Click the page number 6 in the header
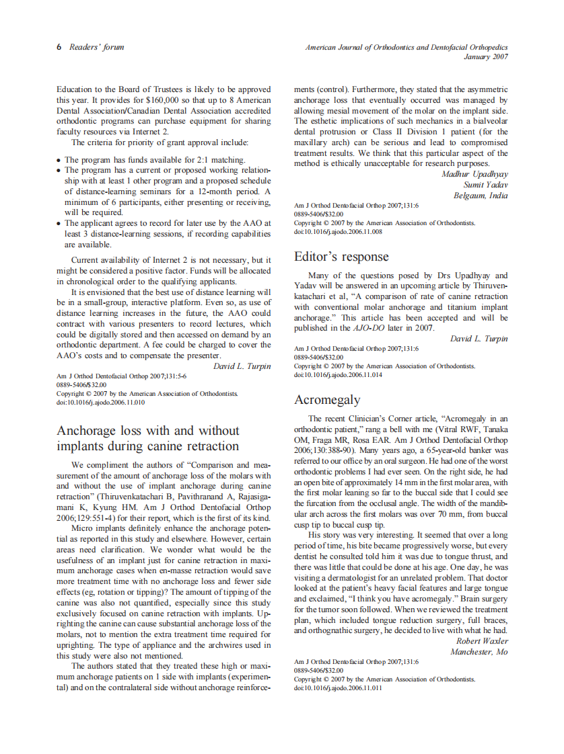tap(59, 48)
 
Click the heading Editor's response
tap(341, 257)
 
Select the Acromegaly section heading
tap(327, 400)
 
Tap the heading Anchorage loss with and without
tap(147, 430)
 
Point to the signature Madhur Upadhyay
tap(474, 174)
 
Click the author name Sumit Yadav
tap(485, 185)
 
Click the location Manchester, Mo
tap(479, 652)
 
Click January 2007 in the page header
tap(486, 57)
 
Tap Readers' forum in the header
tap(97, 48)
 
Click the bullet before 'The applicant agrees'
tap(59, 224)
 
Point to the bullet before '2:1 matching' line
tap(59, 161)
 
